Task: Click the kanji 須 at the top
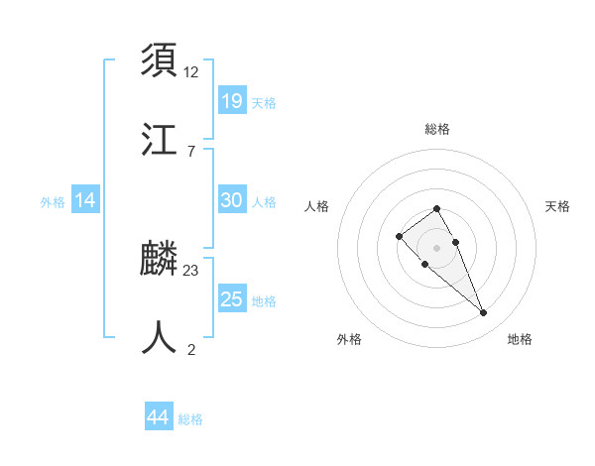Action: coord(159,60)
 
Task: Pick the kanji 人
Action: coord(159,337)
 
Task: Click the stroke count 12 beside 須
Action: coord(191,72)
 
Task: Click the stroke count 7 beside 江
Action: coord(191,150)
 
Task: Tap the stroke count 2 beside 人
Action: coord(191,348)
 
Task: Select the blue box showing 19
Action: coord(232,101)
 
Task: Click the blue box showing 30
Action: coord(232,200)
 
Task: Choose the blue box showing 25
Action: coord(232,299)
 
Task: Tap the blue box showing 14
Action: coord(85,200)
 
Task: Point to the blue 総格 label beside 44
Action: coord(190,419)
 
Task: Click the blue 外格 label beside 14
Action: coord(53,202)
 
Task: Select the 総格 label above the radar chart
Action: coord(437,130)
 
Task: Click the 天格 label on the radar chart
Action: coord(557,206)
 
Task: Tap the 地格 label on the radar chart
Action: coord(520,340)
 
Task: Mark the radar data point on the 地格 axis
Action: coord(484,313)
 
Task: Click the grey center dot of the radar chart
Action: coord(437,248)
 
